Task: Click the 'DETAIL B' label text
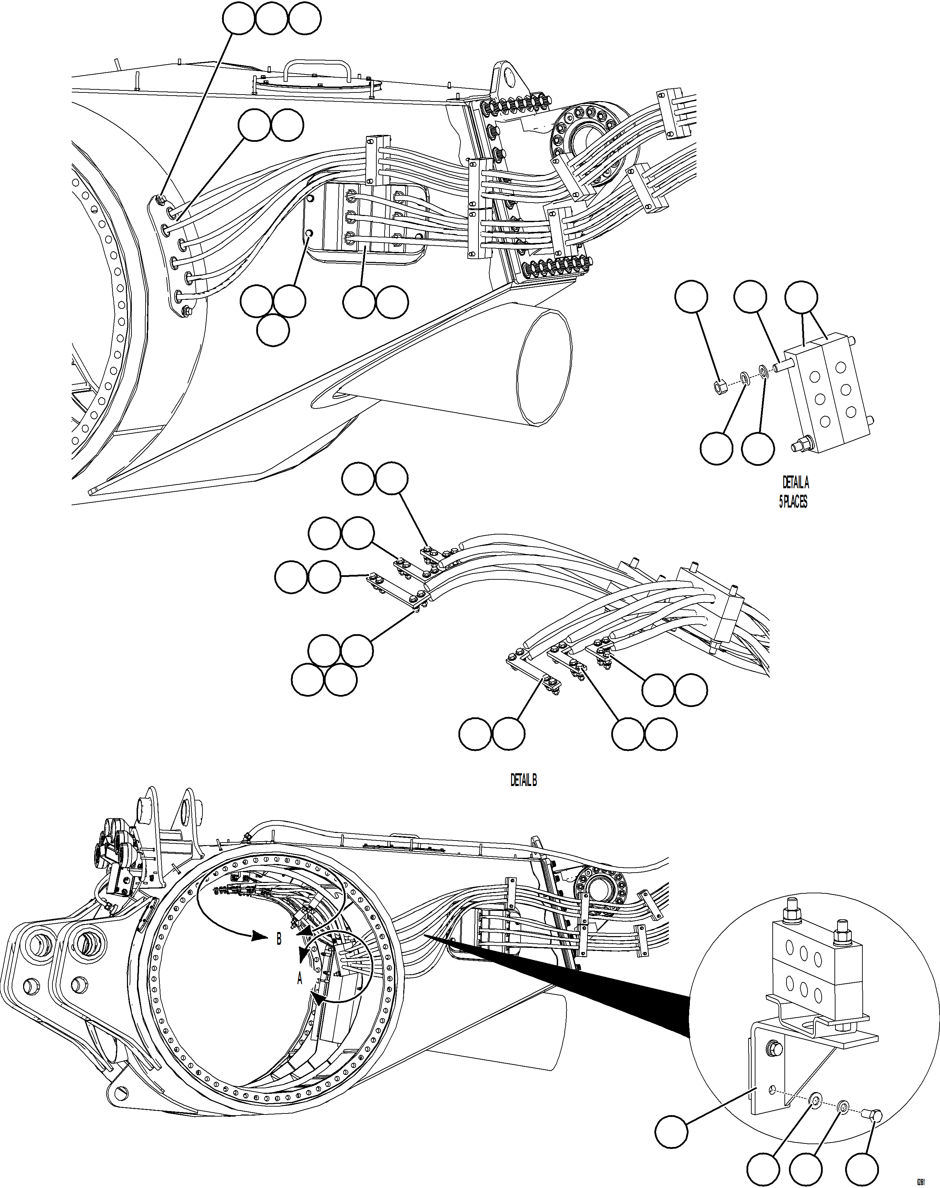(523, 780)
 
